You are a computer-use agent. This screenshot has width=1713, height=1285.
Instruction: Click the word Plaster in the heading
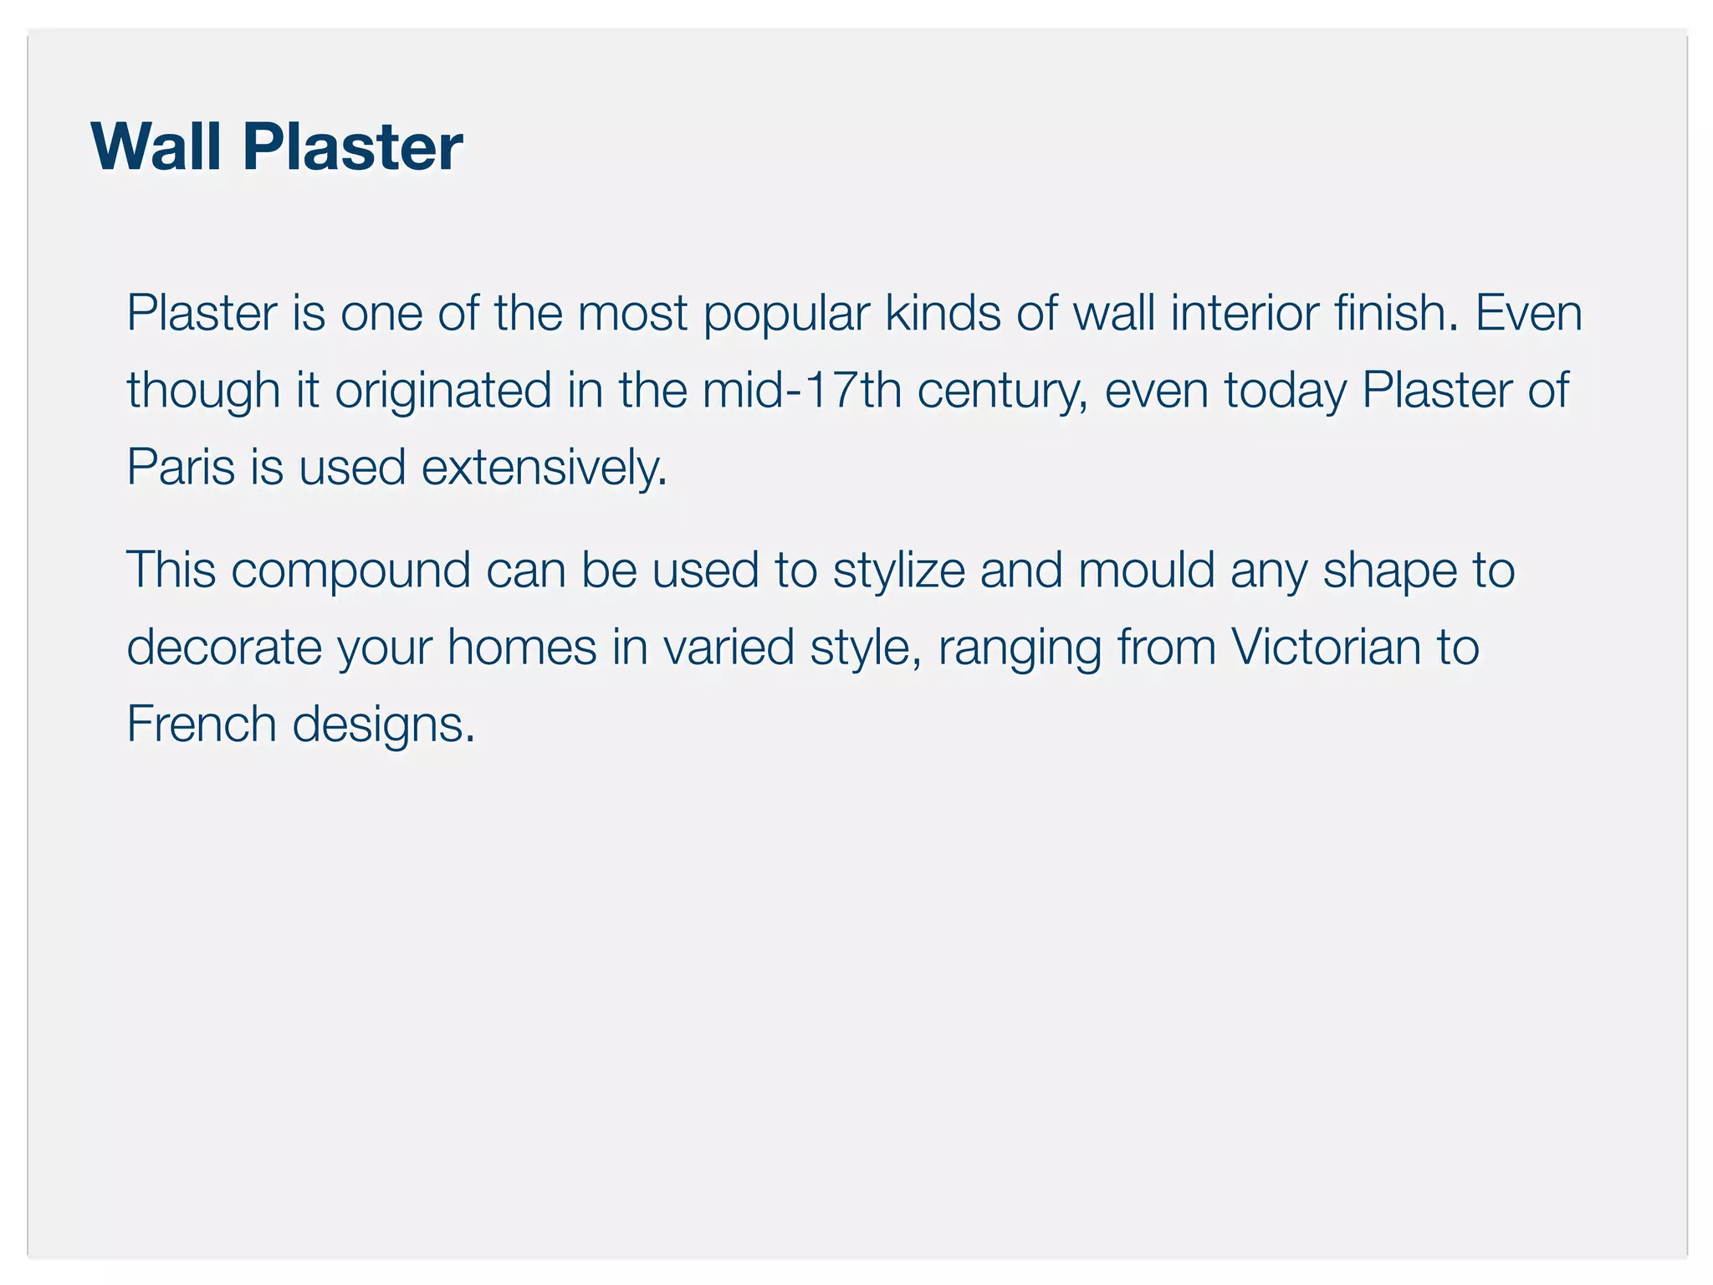[x=352, y=147]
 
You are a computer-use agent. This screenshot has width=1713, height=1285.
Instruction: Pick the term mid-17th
[x=801, y=390]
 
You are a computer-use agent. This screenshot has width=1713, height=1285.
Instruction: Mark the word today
[x=1286, y=392]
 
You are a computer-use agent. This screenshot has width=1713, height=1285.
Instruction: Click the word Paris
[x=181, y=467]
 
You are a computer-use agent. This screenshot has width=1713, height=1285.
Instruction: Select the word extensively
[x=544, y=467]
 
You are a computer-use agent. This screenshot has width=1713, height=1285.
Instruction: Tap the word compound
[x=351, y=572]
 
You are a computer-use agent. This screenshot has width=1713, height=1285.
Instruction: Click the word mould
[x=1146, y=571]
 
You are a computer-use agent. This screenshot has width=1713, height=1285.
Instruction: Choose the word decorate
[x=224, y=648]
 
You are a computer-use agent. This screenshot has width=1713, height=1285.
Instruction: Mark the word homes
[x=522, y=648]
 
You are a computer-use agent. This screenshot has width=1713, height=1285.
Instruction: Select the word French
[x=201, y=724]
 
